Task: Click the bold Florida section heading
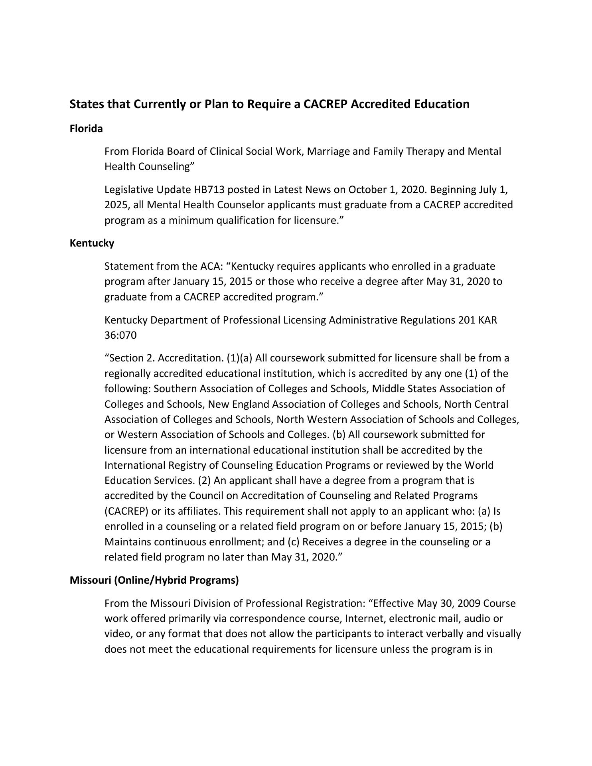click(x=86, y=129)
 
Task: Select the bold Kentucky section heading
click(x=92, y=243)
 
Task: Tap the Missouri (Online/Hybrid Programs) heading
click(x=154, y=580)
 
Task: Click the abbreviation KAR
click(x=487, y=320)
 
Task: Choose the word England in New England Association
click(x=251, y=405)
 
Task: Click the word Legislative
click(x=128, y=190)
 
